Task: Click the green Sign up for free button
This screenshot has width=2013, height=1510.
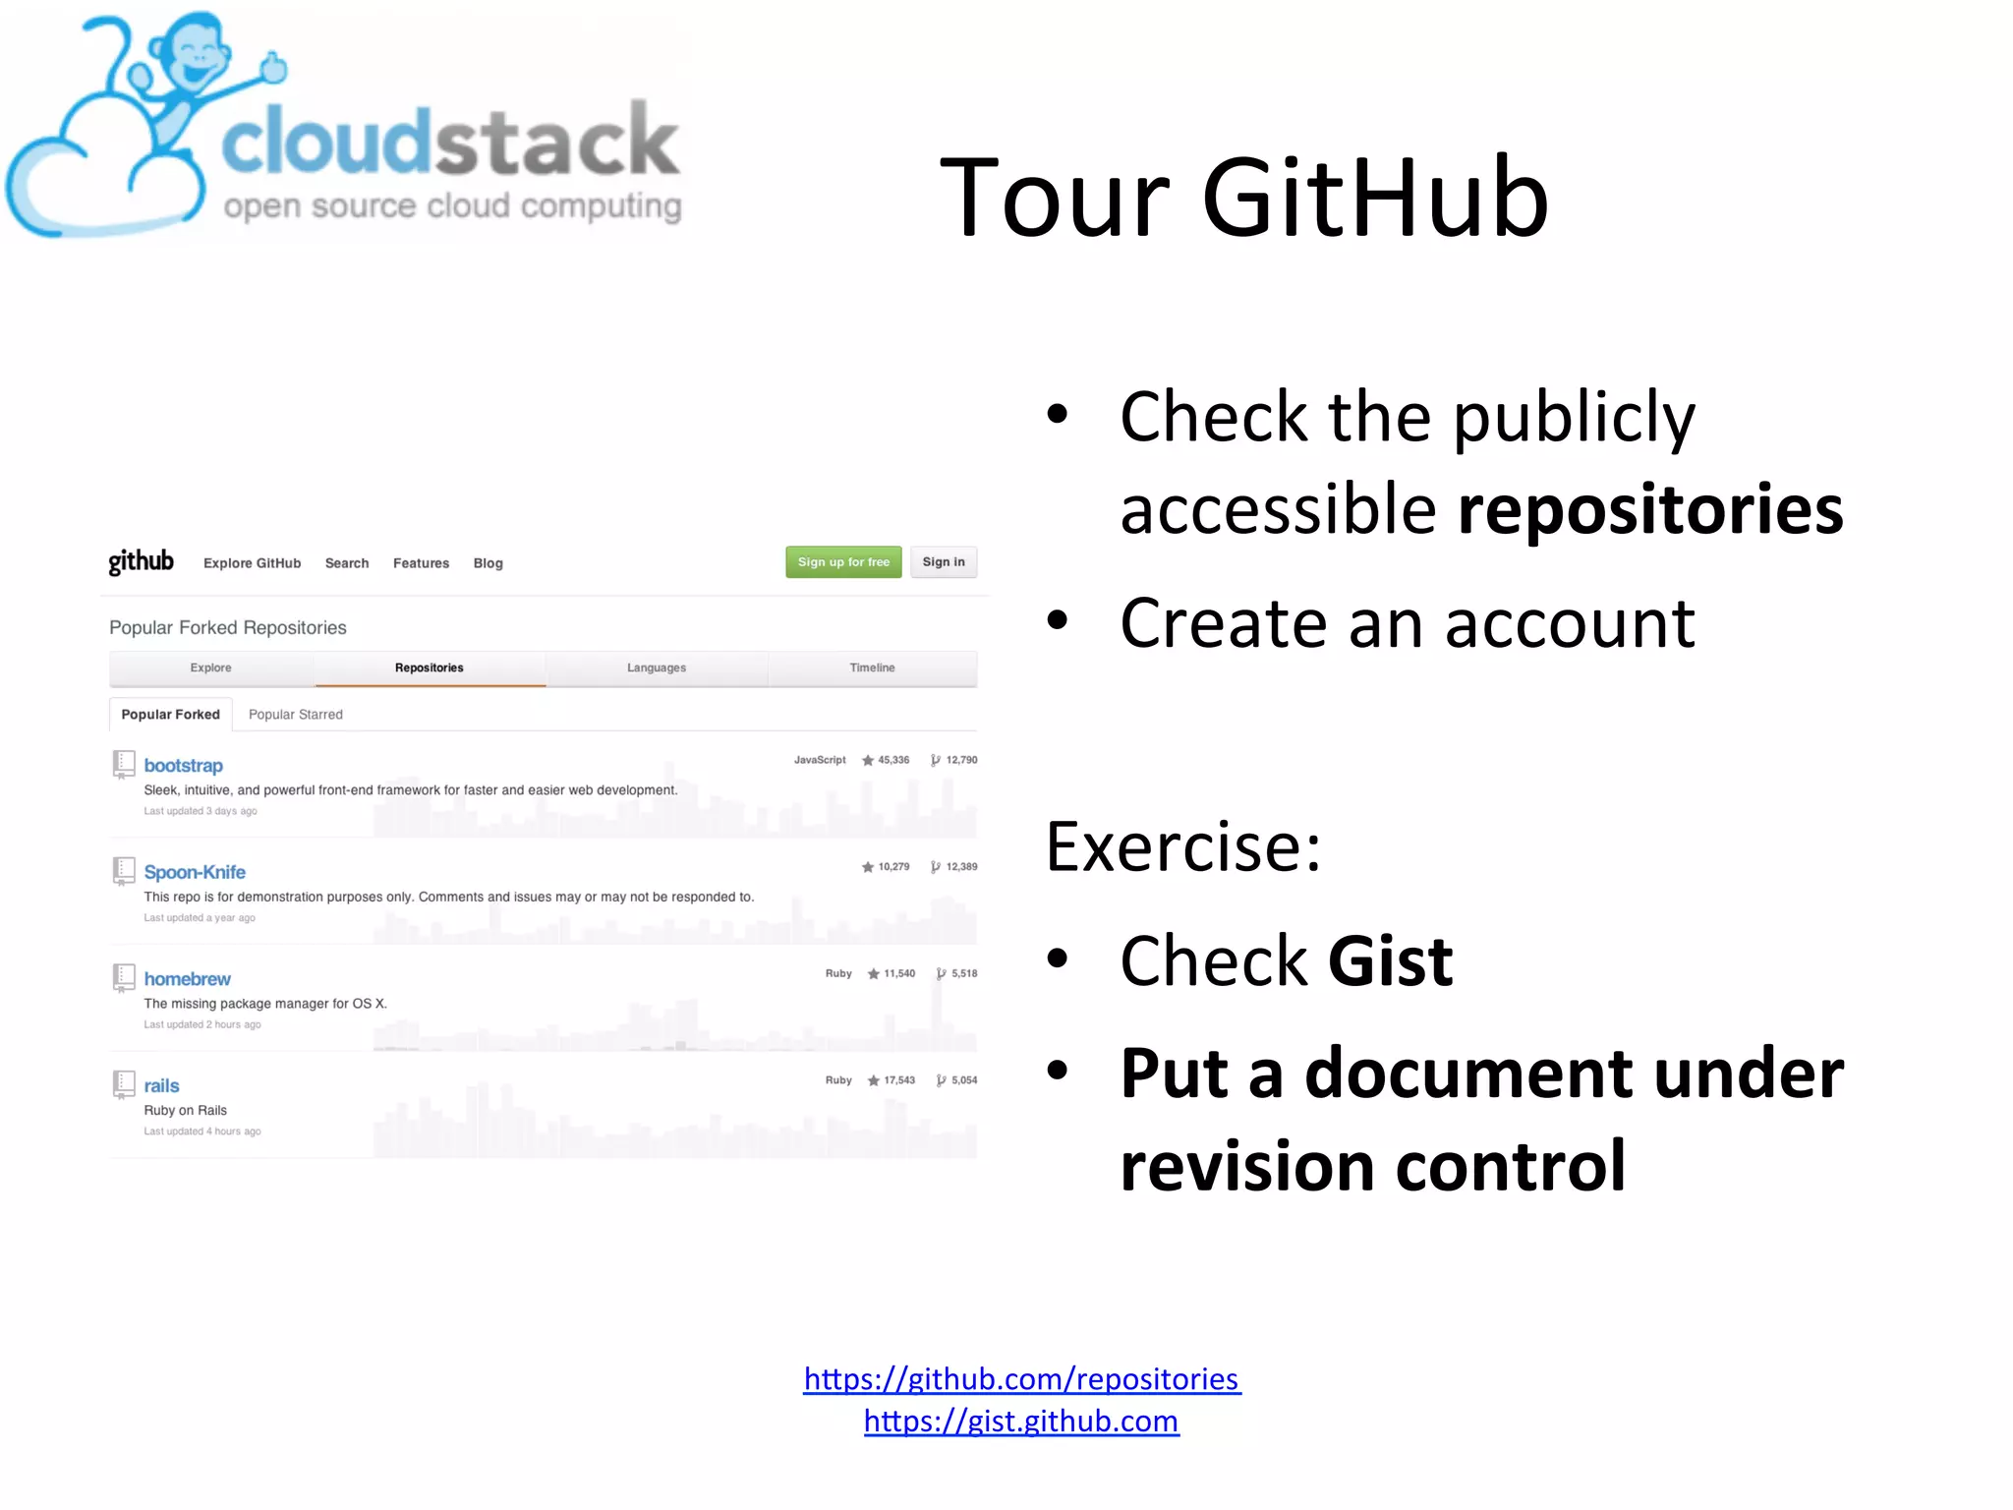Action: click(x=842, y=562)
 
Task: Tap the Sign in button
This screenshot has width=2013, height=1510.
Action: click(x=943, y=562)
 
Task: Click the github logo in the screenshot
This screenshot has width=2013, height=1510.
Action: click(x=141, y=561)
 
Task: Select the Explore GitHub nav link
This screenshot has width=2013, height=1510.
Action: click(x=252, y=563)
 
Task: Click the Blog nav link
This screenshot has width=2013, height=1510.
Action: click(x=488, y=563)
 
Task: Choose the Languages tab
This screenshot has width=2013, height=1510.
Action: click(x=657, y=668)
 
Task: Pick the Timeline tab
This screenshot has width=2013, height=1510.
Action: click(x=872, y=668)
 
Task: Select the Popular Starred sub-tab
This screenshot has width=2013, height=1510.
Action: click(x=295, y=715)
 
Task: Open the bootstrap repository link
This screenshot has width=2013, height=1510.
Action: click(x=183, y=765)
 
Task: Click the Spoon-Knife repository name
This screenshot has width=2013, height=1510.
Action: click(x=195, y=872)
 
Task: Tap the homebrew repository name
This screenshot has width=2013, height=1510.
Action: click(x=187, y=979)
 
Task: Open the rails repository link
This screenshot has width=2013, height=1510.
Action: click(x=161, y=1085)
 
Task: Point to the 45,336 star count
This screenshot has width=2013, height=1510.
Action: click(x=892, y=760)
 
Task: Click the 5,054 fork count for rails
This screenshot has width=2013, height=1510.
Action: click(x=963, y=1080)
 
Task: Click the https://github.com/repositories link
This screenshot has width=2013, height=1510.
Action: click(x=1021, y=1379)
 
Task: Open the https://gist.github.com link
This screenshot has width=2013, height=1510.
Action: click(x=1021, y=1422)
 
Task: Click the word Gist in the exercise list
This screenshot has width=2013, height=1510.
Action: click(x=1389, y=961)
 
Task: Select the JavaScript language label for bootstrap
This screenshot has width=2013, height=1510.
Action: click(x=819, y=760)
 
